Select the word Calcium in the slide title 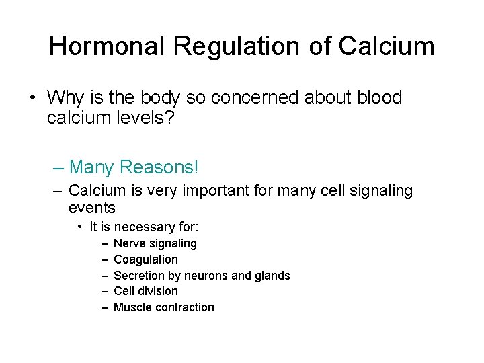(387, 46)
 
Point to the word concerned (255, 98)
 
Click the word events (92, 208)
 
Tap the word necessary (143, 227)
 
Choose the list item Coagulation (146, 259)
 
